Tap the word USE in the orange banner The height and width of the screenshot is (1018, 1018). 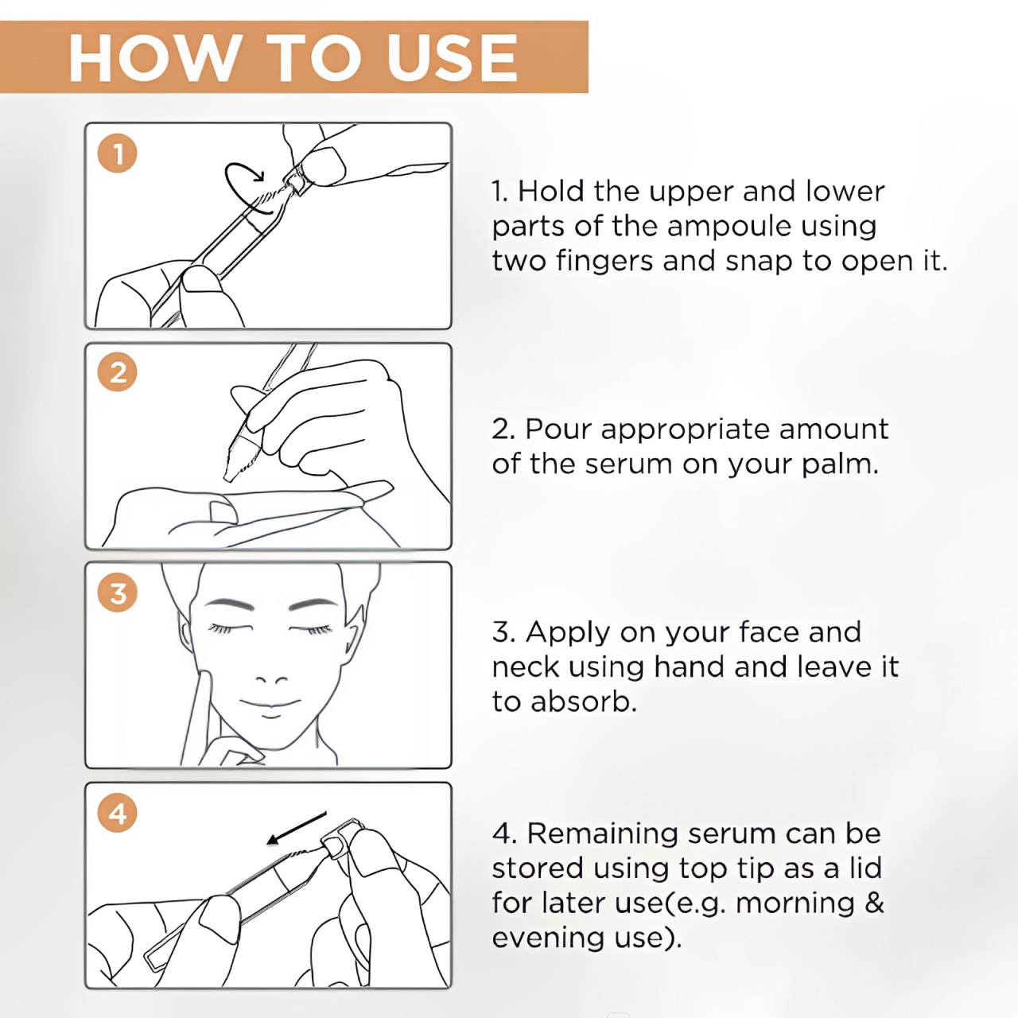pos(452,57)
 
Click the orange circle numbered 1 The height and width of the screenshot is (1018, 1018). pos(117,153)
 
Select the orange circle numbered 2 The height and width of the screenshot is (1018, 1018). pos(117,372)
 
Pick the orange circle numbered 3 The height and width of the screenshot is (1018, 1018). pos(117,593)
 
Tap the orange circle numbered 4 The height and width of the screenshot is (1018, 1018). pos(117,813)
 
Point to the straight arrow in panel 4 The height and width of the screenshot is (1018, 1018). pos(297,829)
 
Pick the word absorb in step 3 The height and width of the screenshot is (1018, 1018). pos(583,701)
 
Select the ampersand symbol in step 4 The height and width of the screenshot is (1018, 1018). pos(874,903)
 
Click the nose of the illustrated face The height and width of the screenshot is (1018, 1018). pos(271,679)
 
